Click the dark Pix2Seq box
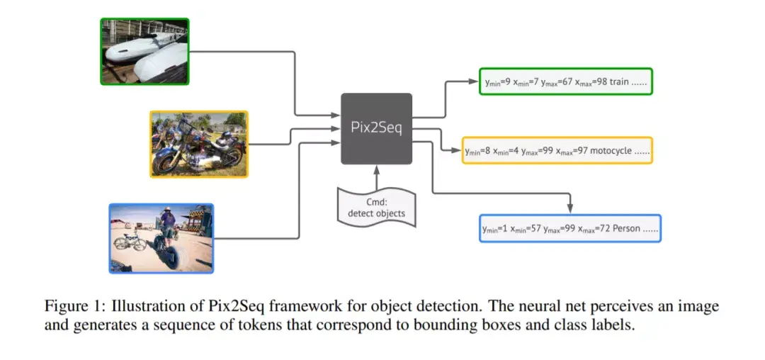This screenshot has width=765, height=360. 376,128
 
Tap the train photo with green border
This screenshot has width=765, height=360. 144,52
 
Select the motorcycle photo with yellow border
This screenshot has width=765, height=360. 199,144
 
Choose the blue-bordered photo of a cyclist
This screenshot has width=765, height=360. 161,238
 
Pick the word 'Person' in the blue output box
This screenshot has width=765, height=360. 624,229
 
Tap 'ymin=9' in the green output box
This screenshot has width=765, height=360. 498,83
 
